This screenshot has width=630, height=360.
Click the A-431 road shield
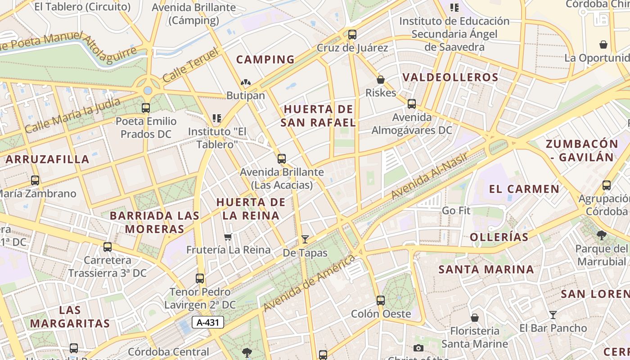point(207,322)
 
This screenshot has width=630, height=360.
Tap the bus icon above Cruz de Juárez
point(352,34)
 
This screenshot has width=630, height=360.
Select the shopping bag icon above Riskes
point(381,80)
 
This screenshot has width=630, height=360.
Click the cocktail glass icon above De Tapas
point(305,239)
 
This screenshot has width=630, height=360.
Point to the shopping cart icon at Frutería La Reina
point(228,237)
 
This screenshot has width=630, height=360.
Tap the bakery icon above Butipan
point(245,82)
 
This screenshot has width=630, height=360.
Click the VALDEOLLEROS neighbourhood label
point(450,77)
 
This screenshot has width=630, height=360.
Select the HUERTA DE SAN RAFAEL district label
point(318,116)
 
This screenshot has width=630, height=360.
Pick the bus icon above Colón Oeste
point(381,300)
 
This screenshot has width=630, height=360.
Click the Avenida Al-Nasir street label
point(429,176)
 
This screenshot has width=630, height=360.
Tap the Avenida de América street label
point(310,283)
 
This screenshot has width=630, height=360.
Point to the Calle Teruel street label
point(190,65)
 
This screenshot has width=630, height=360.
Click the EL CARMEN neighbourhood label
point(524,189)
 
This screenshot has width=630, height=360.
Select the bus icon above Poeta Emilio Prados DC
point(146,108)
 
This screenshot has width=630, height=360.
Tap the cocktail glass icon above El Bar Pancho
point(553,315)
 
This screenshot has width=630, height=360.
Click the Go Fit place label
point(456,211)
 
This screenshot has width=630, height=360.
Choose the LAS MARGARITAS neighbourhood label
point(70,317)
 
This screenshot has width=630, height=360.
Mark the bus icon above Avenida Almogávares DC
point(412,104)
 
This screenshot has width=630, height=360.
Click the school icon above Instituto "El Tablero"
point(217,118)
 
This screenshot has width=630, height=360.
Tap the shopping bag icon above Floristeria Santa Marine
point(475,318)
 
